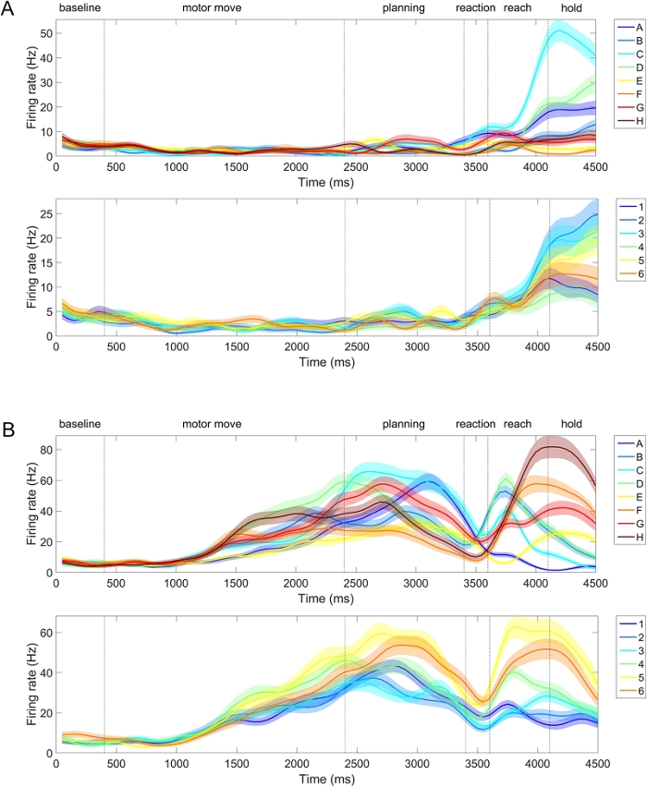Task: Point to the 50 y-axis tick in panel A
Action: [45, 33]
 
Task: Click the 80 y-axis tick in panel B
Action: [45, 450]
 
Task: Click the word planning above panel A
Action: [404, 8]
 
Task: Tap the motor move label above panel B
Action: [212, 424]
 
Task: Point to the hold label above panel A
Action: [572, 8]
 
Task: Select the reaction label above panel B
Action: [476, 424]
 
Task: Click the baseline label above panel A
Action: [79, 8]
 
